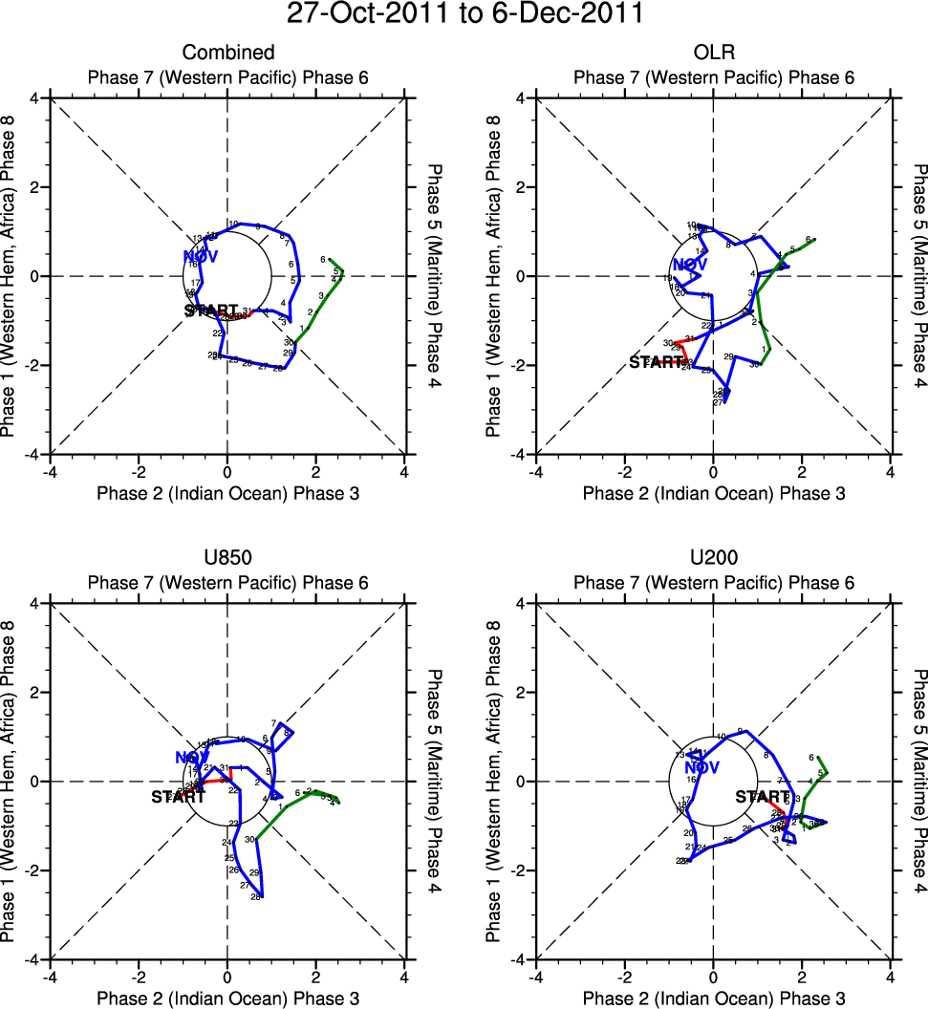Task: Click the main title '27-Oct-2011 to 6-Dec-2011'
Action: pyautogui.click(x=464, y=16)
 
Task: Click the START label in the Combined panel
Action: pyautogui.click(x=211, y=311)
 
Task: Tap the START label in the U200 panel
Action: pyautogui.click(x=762, y=797)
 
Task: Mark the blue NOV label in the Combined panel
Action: pyautogui.click(x=202, y=256)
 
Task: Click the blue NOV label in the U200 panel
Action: pyautogui.click(x=701, y=767)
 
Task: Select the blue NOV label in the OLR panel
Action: pyautogui.click(x=690, y=265)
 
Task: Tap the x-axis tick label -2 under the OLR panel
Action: pyautogui.click(x=624, y=472)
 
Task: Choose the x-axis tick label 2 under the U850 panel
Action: pyautogui.click(x=316, y=977)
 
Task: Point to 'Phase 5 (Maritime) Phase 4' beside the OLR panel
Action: pyautogui.click(x=918, y=276)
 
